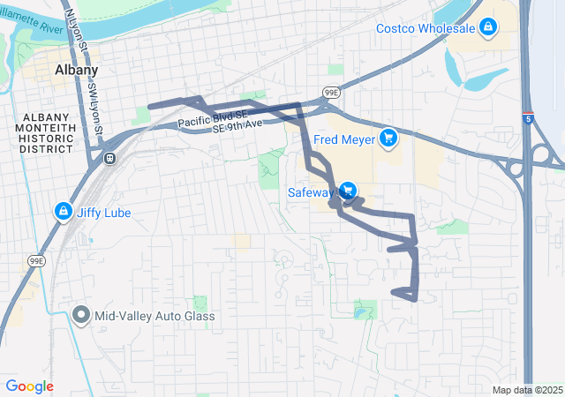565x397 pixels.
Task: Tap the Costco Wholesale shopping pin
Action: (x=488, y=28)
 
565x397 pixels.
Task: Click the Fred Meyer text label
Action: (x=345, y=138)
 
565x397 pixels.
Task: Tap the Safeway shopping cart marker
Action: (x=348, y=191)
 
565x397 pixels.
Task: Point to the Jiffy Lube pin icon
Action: (x=64, y=212)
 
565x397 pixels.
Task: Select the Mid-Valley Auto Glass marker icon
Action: (x=82, y=315)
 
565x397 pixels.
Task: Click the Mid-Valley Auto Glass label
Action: (x=155, y=316)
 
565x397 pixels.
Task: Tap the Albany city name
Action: (x=76, y=69)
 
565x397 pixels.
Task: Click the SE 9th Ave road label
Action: (x=237, y=129)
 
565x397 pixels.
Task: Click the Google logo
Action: (x=29, y=386)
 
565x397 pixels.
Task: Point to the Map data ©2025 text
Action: (x=527, y=390)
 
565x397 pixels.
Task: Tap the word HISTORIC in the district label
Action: (x=45, y=138)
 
